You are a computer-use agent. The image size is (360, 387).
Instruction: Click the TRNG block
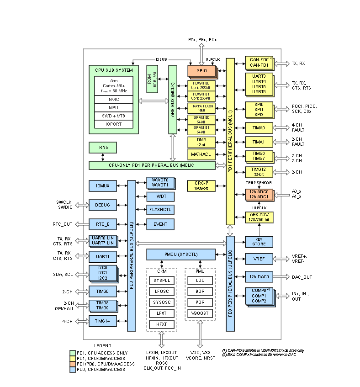(x=102, y=147)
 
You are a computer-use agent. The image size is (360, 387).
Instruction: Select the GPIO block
(x=201, y=70)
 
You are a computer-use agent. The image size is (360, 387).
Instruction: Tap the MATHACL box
(x=201, y=154)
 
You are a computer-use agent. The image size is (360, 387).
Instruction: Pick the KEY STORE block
(x=259, y=242)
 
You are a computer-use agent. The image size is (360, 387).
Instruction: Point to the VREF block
(x=259, y=259)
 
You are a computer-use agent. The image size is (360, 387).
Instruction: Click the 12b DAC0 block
(x=259, y=276)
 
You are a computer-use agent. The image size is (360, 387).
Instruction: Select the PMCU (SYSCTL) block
(x=181, y=254)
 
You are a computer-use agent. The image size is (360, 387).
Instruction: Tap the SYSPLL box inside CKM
(x=161, y=280)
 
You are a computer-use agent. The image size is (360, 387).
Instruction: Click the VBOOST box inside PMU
(x=199, y=313)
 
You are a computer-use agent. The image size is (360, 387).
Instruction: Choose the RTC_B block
(x=102, y=224)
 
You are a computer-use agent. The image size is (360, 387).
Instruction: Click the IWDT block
(x=158, y=196)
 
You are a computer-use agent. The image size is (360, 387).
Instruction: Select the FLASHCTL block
(x=158, y=210)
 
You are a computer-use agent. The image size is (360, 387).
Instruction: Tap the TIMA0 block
(x=259, y=127)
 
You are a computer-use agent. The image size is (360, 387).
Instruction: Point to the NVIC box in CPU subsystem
(x=114, y=99)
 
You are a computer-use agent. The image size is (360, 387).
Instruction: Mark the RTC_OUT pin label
(x=63, y=224)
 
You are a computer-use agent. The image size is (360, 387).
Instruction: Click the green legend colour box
(x=72, y=353)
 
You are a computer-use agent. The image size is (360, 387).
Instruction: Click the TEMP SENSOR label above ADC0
(x=259, y=182)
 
